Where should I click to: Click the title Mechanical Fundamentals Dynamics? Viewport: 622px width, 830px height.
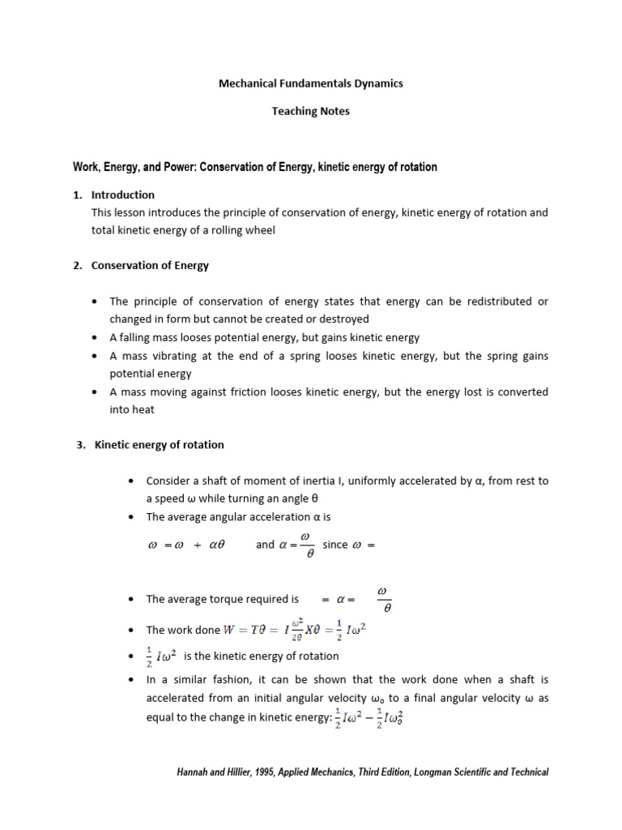pos(311,83)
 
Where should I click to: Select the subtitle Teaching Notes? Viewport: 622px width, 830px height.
pos(311,111)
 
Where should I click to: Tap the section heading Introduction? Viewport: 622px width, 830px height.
pos(123,195)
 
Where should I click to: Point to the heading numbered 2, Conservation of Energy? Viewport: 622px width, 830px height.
pos(150,265)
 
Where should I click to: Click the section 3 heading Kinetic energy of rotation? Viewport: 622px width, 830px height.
pos(160,445)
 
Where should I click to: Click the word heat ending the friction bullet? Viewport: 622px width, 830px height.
pos(143,409)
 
